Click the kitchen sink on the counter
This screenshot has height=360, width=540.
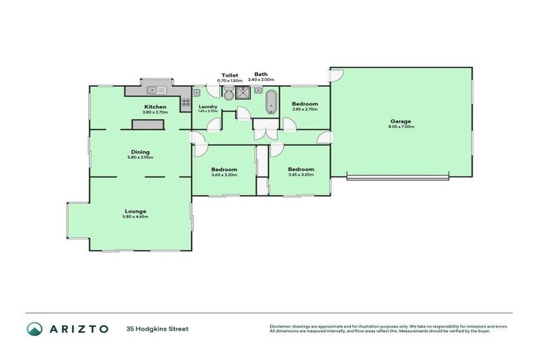tap(156, 90)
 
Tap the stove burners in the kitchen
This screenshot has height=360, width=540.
tap(186, 102)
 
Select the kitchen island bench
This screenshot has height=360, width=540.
tap(146, 124)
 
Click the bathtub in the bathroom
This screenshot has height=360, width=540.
tap(270, 102)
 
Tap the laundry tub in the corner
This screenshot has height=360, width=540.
tap(199, 93)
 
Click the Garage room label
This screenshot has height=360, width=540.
tap(401, 121)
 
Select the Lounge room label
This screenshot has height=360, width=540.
tap(136, 210)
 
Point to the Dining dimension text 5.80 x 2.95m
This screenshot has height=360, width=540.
tap(140, 157)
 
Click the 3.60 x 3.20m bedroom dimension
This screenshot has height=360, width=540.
tap(224, 175)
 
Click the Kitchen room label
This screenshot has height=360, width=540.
tap(155, 107)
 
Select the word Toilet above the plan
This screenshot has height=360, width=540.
tap(229, 75)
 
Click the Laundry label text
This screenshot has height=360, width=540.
tap(207, 107)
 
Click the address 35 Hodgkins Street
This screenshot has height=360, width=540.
tap(157, 328)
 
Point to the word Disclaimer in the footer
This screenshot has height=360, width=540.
tap(283, 326)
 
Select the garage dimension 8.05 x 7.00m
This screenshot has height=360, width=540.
tap(401, 127)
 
